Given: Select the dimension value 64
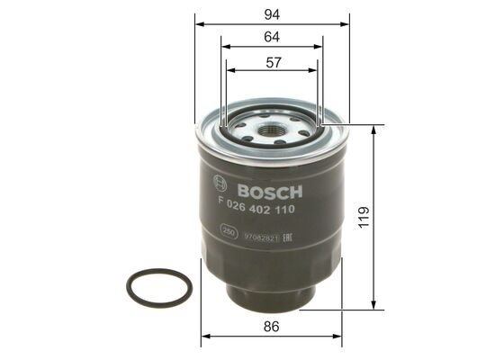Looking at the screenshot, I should coord(271,37).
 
